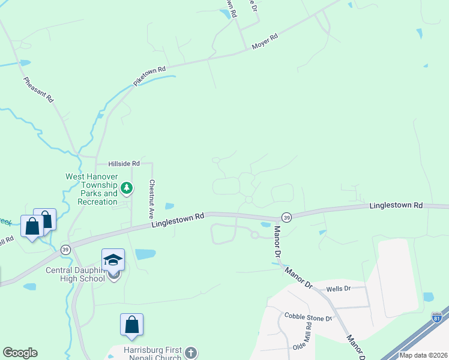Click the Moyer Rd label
point(265,41)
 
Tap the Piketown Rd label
point(149,77)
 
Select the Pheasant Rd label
point(39,89)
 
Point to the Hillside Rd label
point(124,163)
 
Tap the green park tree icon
point(127,188)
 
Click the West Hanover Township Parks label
point(92,190)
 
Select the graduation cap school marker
point(113,260)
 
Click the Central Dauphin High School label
point(76,274)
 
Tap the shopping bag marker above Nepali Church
point(131,325)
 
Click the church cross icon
point(190,353)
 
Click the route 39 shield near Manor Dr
point(287,217)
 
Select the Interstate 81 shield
point(437,319)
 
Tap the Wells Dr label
point(338,289)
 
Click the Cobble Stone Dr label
point(308,317)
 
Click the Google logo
point(20,353)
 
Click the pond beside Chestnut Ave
point(169,206)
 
